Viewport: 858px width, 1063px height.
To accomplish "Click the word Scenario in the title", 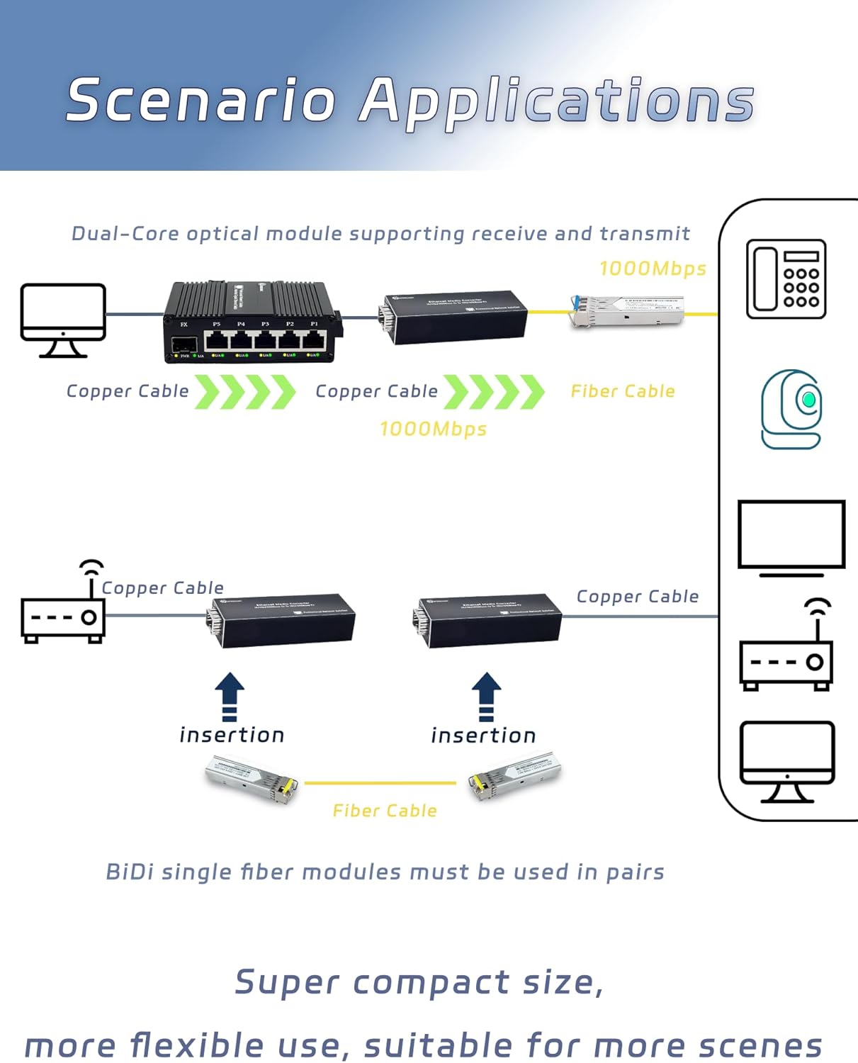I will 201,100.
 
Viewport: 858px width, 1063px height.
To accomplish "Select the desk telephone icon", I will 786,279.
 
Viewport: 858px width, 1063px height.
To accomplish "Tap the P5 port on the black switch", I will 216,339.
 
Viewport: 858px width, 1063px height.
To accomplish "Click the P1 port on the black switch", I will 313,339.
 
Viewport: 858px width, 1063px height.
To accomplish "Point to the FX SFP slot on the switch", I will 184,345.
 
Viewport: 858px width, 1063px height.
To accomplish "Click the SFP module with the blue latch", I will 627,311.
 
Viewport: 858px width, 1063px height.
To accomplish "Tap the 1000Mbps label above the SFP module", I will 653,269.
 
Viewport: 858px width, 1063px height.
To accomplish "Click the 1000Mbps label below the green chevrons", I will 433,429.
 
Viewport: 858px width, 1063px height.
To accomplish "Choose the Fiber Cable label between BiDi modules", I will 385,811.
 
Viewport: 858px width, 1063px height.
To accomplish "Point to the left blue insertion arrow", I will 229,695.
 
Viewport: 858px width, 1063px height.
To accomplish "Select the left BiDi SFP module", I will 252,778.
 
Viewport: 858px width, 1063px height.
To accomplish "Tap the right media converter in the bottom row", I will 487,621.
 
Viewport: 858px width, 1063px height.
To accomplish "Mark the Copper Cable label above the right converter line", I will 637,597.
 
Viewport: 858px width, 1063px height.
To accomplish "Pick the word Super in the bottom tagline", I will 287,982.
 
